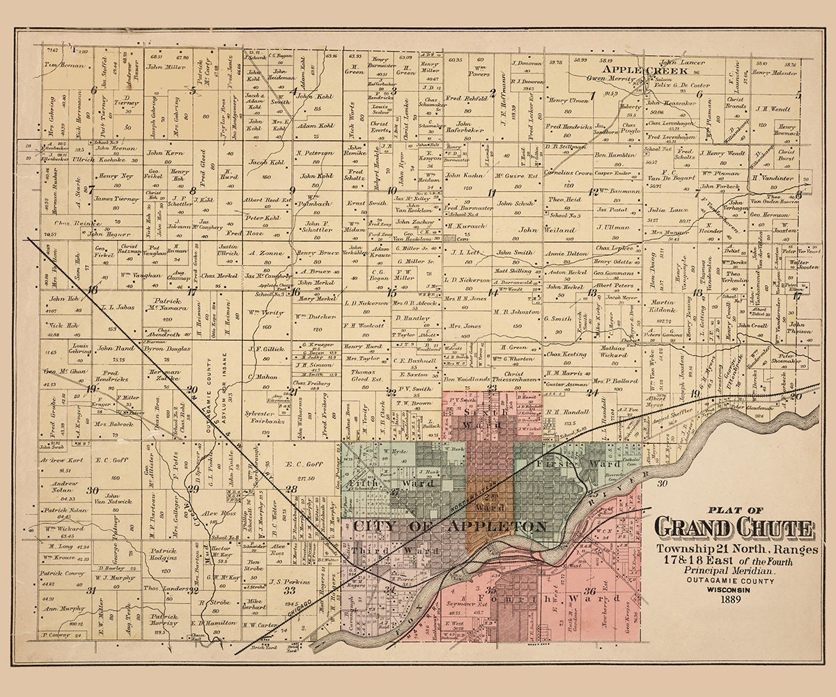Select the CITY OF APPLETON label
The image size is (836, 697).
[449, 526]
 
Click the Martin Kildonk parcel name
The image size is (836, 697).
[663, 305]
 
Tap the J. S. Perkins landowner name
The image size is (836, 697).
[284, 581]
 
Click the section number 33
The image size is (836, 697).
[289, 591]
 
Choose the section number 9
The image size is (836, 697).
[292, 190]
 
